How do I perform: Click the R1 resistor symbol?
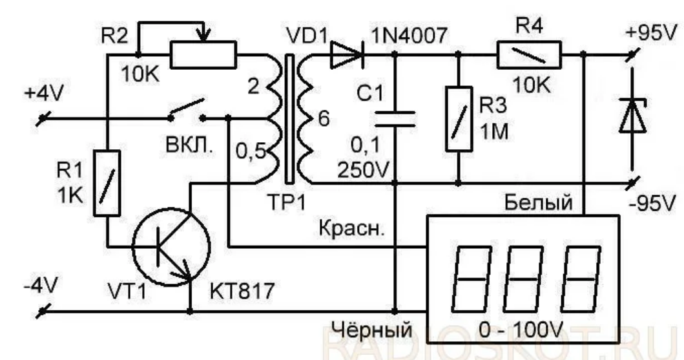pyautogui.click(x=107, y=183)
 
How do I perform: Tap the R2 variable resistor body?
pyautogui.click(x=203, y=55)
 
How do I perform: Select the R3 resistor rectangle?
pyautogui.click(x=459, y=119)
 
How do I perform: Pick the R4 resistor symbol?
pyautogui.click(x=529, y=55)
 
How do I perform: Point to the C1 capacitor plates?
pyautogui.click(x=395, y=119)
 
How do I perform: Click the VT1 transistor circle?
pyautogui.click(x=171, y=247)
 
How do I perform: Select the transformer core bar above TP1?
pyautogui.click(x=288, y=119)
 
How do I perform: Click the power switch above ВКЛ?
pyautogui.click(x=187, y=111)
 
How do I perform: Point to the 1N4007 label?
pyautogui.click(x=409, y=35)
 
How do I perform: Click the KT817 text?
pyautogui.click(x=242, y=291)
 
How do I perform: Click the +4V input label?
pyautogui.click(x=45, y=93)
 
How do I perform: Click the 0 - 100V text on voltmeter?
pyautogui.click(x=521, y=330)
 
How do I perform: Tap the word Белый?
pyautogui.click(x=538, y=202)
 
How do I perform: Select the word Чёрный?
pyautogui.click(x=372, y=330)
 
